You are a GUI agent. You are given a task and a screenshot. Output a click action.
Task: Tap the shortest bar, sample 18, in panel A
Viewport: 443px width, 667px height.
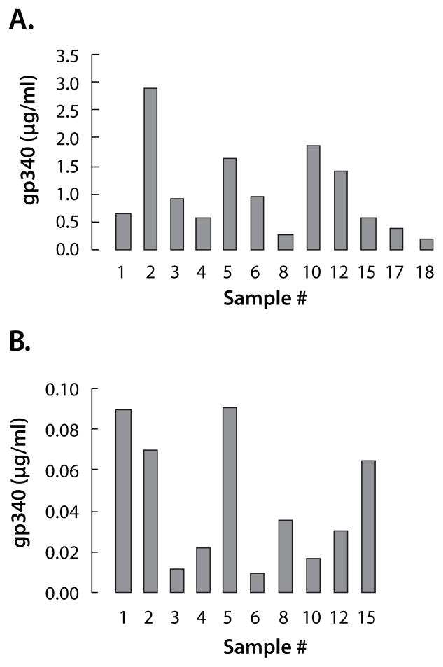coord(426,244)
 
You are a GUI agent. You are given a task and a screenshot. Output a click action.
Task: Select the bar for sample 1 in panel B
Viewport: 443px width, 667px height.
coord(122,501)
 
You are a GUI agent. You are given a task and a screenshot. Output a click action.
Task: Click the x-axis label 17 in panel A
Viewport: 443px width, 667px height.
coord(397,271)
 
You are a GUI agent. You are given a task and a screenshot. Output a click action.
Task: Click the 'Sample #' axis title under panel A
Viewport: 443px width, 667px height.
coord(265,300)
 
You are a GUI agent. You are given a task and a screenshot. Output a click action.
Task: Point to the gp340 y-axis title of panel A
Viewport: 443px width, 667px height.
coord(25,152)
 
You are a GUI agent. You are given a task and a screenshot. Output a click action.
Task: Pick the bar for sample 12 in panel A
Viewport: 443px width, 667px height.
coord(340,210)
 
